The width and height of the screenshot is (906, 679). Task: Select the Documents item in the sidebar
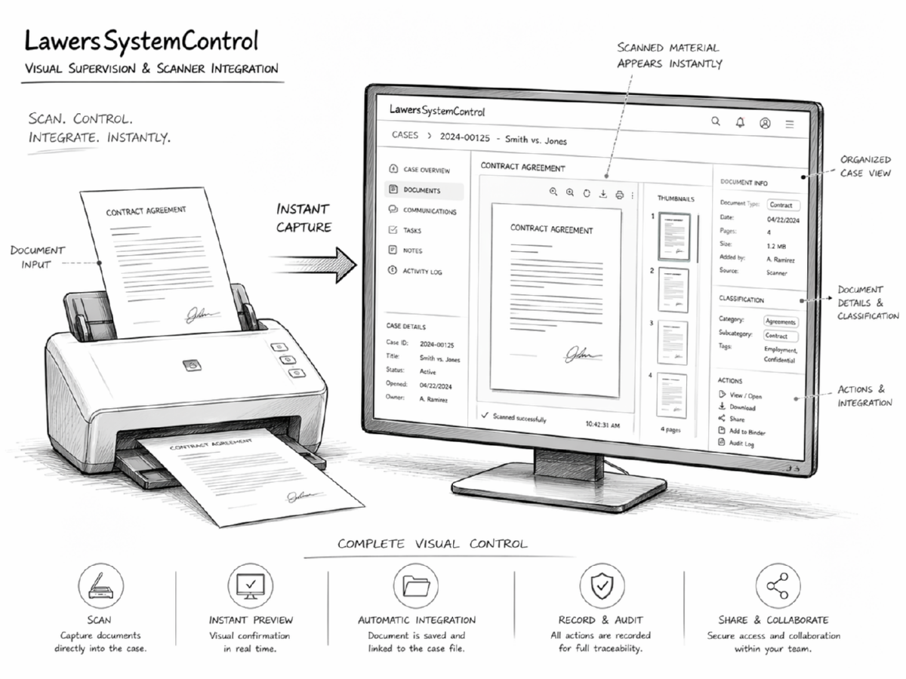421,191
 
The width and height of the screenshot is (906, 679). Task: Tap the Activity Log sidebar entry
422,271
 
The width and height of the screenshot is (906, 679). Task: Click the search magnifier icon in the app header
716,121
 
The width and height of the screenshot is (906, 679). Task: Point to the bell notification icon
740,122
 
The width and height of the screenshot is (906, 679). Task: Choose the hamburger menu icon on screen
790,123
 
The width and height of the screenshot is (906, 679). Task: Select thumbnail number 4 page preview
671,395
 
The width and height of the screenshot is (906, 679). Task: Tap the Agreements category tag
781,321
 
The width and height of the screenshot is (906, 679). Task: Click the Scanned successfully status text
519,417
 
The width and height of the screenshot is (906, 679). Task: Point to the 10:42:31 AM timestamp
602,425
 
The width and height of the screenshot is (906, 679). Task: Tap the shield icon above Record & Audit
602,584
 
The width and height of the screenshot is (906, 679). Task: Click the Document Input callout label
38,257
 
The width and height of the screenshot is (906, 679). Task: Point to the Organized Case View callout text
865,166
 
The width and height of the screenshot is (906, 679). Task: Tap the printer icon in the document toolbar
619,195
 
